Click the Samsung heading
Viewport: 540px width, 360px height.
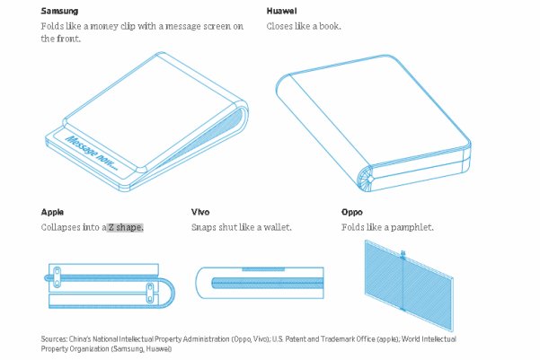click(x=59, y=11)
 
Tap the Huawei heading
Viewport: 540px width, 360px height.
click(x=281, y=11)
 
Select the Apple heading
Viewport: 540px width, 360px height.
click(x=52, y=212)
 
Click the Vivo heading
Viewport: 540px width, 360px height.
click(x=200, y=212)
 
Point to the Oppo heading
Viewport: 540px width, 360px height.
click(x=352, y=212)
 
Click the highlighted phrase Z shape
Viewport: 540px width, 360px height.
click(x=126, y=227)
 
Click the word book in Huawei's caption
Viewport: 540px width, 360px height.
click(x=330, y=27)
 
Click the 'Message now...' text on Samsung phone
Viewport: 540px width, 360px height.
click(x=92, y=154)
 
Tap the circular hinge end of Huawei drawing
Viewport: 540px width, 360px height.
click(x=366, y=179)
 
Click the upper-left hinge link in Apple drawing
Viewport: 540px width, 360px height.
click(x=57, y=277)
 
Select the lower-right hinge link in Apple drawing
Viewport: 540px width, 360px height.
click(x=150, y=293)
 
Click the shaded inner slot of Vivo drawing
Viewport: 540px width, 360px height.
click(x=268, y=284)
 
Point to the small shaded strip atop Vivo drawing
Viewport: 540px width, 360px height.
click(x=263, y=269)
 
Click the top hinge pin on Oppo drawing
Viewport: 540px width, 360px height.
click(x=403, y=254)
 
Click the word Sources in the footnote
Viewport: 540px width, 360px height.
click(x=54, y=339)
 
